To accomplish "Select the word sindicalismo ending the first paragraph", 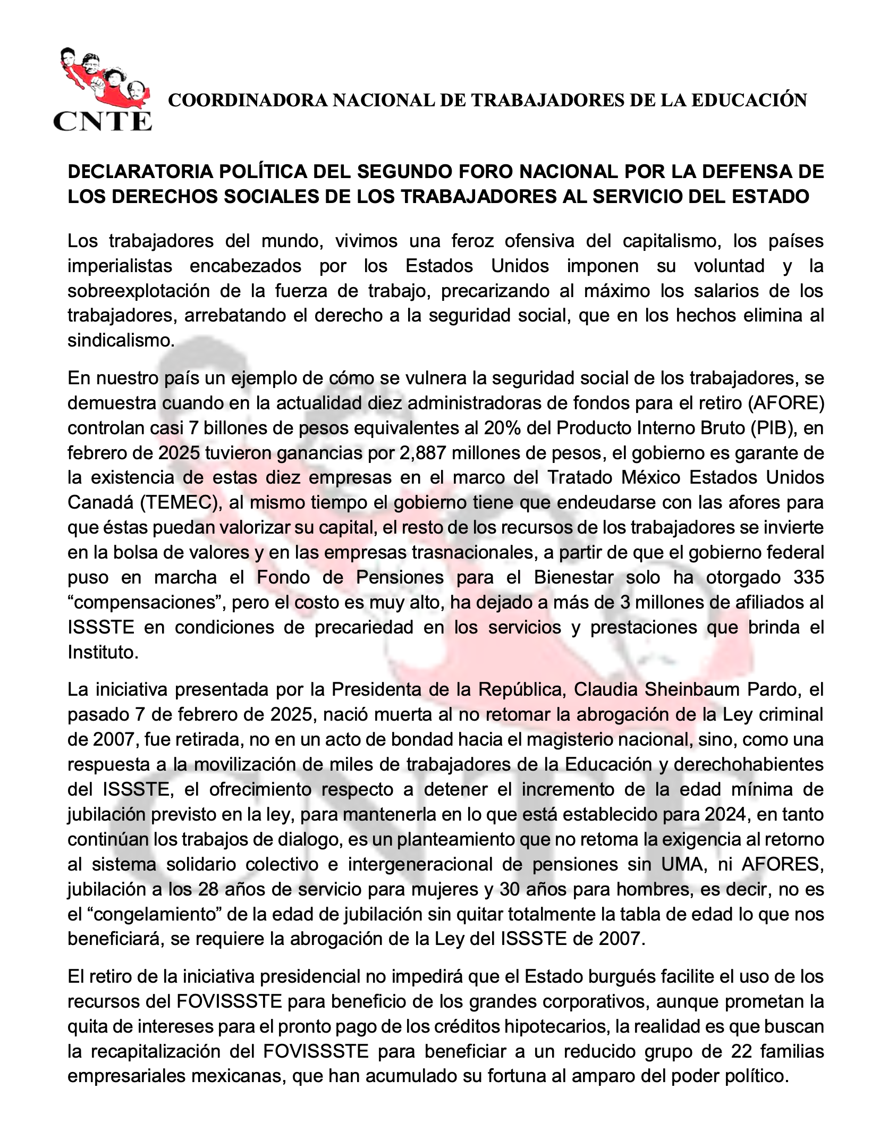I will coord(120,341).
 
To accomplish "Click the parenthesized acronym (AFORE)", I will coord(785,403).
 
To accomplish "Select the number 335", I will coord(808,577).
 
